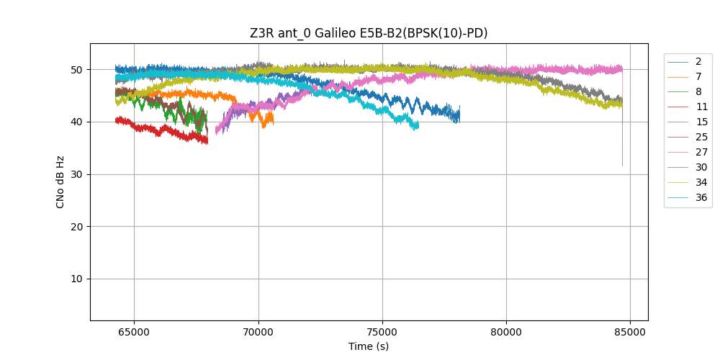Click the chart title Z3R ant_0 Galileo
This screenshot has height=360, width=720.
[369, 33]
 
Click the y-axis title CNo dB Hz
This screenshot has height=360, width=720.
[60, 182]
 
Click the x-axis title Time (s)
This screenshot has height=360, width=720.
[369, 346]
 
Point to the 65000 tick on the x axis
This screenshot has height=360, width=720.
[134, 331]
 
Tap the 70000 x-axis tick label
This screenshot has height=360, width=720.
[258, 331]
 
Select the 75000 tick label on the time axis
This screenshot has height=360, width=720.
[382, 331]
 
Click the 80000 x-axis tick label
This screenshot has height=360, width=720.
[506, 331]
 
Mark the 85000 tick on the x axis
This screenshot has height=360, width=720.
[630, 331]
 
